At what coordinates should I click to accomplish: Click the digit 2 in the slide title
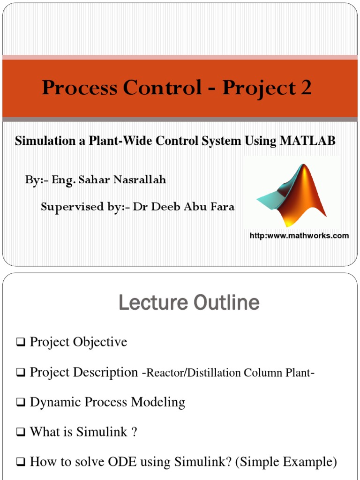pos(305,88)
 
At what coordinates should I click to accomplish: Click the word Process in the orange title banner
pos(74,88)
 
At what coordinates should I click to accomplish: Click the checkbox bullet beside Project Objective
pos(20,343)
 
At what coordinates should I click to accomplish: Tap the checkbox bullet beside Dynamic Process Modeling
pos(20,403)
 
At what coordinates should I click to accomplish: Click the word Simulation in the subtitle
pos(42,141)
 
